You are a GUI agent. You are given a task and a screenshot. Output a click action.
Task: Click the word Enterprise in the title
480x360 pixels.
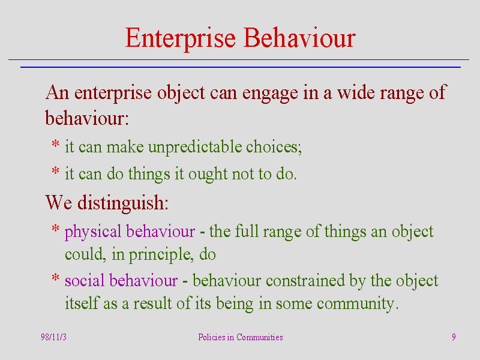[x=181, y=38]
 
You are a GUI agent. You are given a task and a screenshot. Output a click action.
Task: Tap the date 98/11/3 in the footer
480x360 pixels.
[x=53, y=337]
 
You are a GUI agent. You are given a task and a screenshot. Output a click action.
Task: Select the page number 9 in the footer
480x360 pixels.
[x=454, y=337]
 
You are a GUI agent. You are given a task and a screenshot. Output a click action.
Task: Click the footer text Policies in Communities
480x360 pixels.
[x=241, y=337]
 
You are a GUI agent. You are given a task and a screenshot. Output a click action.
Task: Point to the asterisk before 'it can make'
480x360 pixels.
[x=55, y=143]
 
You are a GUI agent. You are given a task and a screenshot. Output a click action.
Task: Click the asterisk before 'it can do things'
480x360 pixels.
[x=55, y=170]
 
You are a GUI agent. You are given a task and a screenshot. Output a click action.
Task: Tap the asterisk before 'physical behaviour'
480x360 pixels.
[x=55, y=228]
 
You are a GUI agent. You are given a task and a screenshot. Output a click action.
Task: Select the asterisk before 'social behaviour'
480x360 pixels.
[x=55, y=278]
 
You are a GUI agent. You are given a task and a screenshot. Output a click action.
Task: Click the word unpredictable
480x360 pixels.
[x=196, y=147]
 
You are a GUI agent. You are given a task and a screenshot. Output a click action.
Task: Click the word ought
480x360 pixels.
[x=208, y=175]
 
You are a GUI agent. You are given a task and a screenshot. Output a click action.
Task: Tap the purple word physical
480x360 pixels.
[x=93, y=232]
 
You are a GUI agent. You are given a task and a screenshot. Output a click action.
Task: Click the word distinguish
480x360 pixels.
[x=123, y=203]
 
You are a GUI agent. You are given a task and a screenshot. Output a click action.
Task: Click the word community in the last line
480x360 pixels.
[x=358, y=304]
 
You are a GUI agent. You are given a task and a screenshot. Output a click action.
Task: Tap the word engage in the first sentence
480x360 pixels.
[x=270, y=94]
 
